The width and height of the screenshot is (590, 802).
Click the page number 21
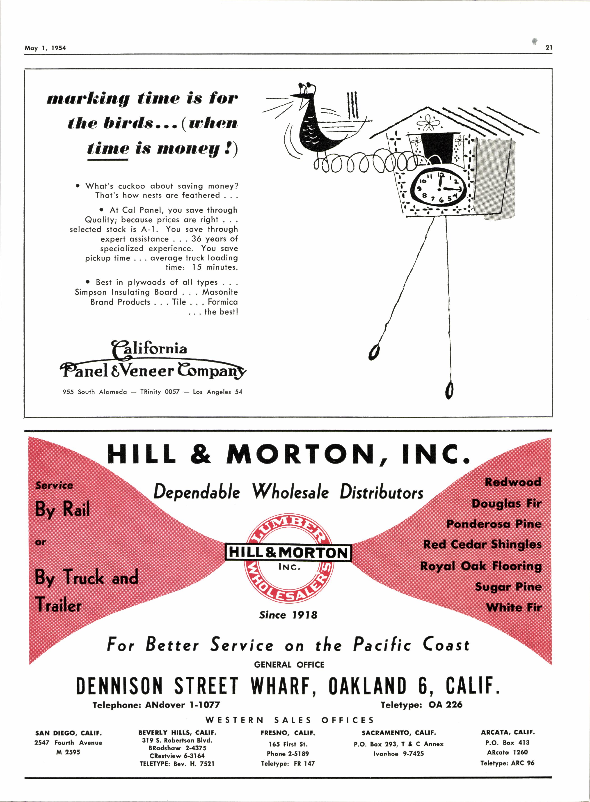549,48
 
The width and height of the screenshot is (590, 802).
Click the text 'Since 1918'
288,615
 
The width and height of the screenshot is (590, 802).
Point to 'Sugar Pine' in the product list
508,587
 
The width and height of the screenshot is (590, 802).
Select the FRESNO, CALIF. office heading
288,733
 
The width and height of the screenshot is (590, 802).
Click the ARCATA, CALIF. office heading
508,732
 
